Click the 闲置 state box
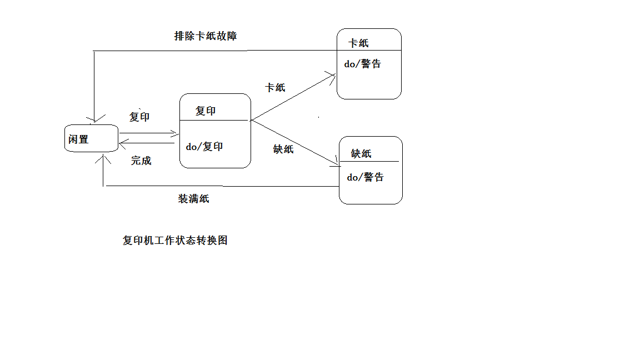(x=91, y=138)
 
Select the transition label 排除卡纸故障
(x=206, y=36)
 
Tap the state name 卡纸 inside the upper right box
(x=358, y=43)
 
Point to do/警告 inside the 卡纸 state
(x=362, y=64)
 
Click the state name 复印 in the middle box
(x=206, y=111)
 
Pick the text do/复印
(x=204, y=147)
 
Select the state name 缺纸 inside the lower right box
(x=361, y=153)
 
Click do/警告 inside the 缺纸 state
(x=365, y=177)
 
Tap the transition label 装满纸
(x=193, y=198)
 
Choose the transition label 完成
(x=141, y=161)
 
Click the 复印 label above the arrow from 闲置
(x=139, y=117)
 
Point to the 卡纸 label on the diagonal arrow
(x=276, y=87)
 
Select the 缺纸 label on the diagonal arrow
(x=283, y=149)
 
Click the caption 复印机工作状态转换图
(x=175, y=241)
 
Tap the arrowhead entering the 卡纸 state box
(x=333, y=77)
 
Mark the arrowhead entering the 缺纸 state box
(x=336, y=162)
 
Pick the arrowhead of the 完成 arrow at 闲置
(x=122, y=143)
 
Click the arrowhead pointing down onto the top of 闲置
(x=94, y=119)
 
